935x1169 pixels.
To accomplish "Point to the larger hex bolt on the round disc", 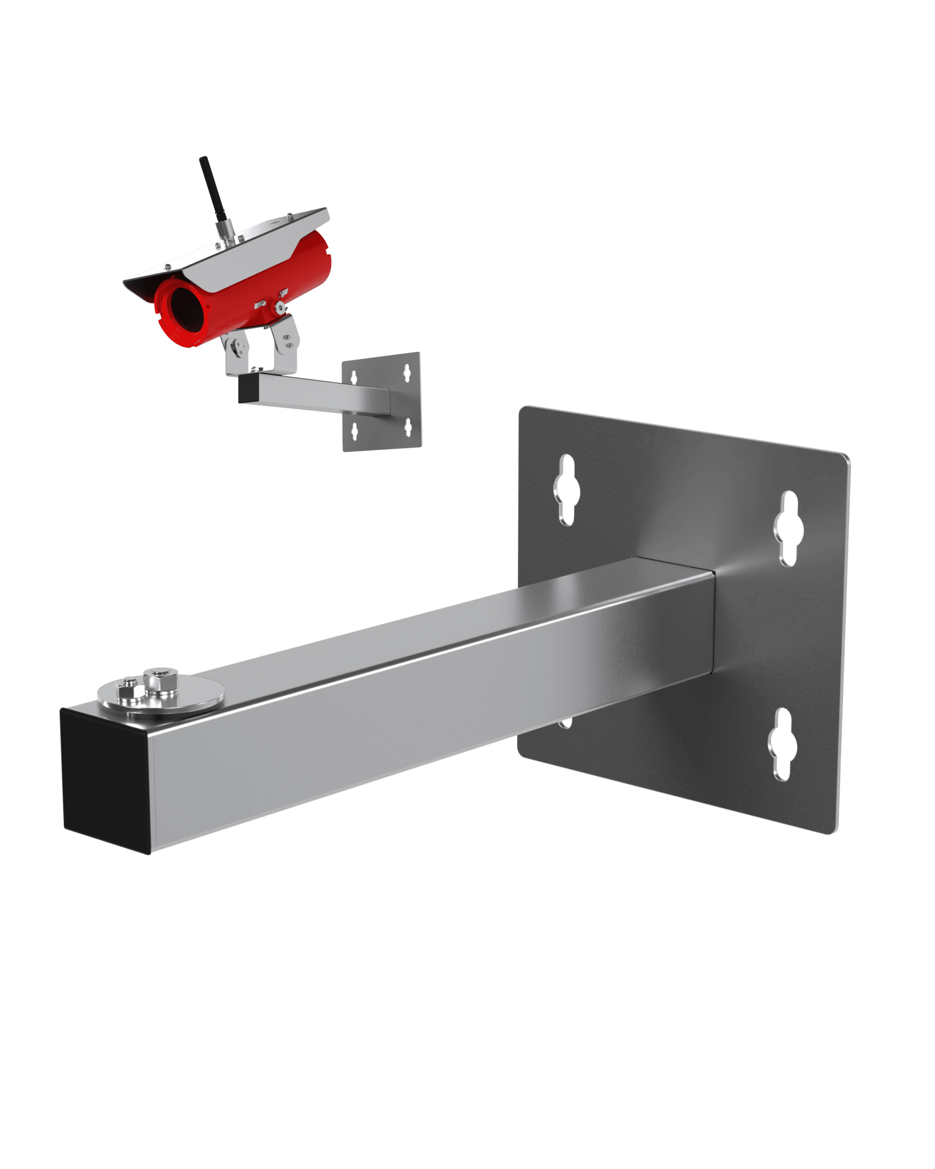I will [x=161, y=680].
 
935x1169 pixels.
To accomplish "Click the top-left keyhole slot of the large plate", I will [x=566, y=489].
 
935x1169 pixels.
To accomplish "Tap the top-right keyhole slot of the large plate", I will [x=788, y=529].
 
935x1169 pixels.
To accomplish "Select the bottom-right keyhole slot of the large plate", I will [x=782, y=744].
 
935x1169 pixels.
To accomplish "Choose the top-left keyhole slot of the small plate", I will [x=354, y=377].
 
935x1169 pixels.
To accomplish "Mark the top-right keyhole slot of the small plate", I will [x=406, y=373].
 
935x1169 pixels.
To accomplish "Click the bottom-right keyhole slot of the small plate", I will [x=408, y=426].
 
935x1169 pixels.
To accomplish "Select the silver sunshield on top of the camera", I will [x=240, y=251].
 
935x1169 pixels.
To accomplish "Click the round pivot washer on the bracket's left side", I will [x=235, y=345].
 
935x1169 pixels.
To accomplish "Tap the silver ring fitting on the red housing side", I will [x=280, y=307].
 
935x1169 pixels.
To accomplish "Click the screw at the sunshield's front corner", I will [x=168, y=267].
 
